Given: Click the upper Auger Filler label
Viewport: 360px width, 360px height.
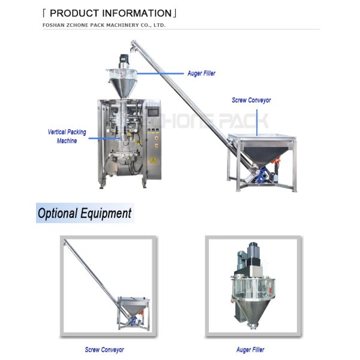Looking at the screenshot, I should tap(201, 73).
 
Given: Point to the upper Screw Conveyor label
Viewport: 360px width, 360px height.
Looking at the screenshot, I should tap(251, 100).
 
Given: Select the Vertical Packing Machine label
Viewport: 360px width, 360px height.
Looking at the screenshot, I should tap(67, 136).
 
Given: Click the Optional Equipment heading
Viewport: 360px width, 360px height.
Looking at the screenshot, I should tap(84, 213).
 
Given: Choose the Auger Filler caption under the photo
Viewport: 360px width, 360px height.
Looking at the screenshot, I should tap(250, 349).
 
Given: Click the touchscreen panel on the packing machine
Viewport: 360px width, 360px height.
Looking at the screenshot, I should tap(153, 112).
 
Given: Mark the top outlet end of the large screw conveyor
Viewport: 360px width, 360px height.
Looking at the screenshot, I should tap(134, 44).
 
